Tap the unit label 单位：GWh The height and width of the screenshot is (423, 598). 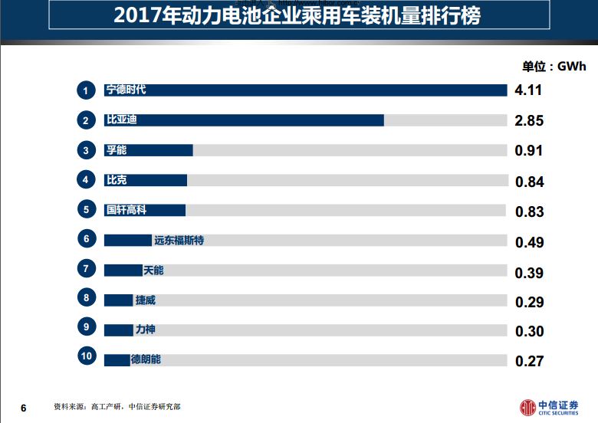click(554, 67)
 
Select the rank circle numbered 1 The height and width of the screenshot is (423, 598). click(87, 90)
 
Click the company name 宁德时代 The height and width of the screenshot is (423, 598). click(126, 90)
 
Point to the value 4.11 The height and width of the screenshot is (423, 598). click(528, 90)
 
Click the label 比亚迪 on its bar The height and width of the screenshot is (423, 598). click(121, 120)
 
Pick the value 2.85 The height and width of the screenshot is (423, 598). click(529, 120)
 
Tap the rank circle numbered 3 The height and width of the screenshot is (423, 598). click(87, 150)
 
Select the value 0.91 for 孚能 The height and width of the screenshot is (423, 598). click(529, 150)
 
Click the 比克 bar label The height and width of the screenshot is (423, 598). click(116, 180)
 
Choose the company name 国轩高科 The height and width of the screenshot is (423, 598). click(126, 210)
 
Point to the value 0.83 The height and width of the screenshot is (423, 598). click(529, 211)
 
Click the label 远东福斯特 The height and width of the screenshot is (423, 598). click(179, 241)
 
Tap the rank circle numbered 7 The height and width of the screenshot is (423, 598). click(87, 269)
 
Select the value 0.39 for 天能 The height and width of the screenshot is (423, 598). click(529, 273)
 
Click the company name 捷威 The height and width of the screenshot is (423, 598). click(145, 300)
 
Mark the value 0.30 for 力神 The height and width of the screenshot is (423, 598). click(529, 331)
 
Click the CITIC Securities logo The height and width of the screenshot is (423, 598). click(548, 407)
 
